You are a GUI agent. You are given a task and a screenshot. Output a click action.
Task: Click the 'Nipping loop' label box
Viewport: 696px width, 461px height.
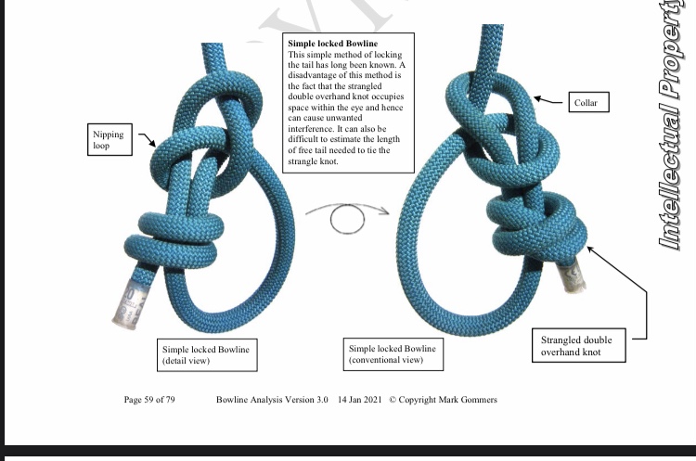(110, 139)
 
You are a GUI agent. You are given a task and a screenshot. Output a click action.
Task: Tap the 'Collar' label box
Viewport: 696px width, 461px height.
(588, 102)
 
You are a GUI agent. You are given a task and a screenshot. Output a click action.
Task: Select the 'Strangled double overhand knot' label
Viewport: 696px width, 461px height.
(579, 346)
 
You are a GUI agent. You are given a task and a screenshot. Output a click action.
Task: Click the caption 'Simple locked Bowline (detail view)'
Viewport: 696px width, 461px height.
(207, 355)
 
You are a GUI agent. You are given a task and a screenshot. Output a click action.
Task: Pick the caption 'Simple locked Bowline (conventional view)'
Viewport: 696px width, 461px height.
(393, 354)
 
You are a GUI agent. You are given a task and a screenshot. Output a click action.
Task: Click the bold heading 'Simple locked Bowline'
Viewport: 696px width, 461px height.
(333, 44)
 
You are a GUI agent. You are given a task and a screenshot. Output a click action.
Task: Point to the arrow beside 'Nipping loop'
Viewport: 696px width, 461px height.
(147, 139)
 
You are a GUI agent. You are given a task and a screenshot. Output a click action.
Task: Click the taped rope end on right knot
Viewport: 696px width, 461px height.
(572, 276)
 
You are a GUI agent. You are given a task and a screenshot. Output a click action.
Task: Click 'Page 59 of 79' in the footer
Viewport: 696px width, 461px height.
(149, 400)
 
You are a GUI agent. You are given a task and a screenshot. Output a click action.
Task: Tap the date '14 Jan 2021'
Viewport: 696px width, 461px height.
(359, 400)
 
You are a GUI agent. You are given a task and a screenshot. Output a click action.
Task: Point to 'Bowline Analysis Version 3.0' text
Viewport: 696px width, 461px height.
(272, 400)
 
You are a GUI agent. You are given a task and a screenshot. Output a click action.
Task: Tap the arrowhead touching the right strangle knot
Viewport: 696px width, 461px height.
(591, 250)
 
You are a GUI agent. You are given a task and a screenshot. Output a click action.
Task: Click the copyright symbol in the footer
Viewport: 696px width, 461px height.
(393, 400)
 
